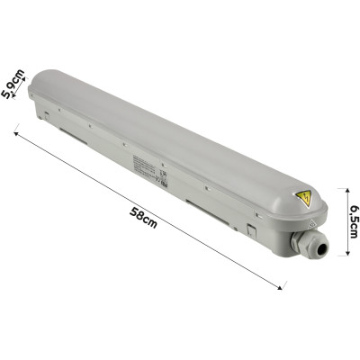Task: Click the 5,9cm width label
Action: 12,86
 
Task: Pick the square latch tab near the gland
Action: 254,230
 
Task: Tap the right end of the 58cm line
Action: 283,289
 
